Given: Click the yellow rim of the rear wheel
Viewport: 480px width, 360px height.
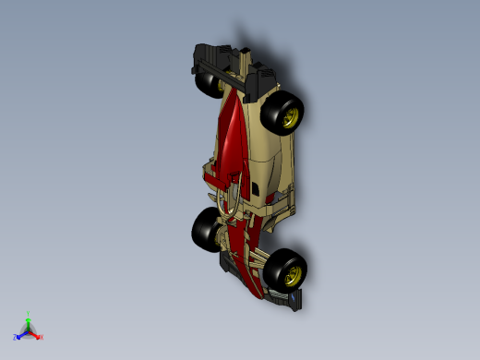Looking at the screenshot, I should click(291, 116).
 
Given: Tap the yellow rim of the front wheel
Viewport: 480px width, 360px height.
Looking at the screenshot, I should click(294, 272).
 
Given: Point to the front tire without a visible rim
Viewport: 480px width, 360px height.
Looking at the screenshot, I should click(205, 228).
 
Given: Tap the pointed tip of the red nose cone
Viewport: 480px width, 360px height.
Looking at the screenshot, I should click(258, 295).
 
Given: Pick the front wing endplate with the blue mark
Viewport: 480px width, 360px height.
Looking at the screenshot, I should click(294, 300).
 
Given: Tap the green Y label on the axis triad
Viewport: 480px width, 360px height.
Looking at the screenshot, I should click(29, 314).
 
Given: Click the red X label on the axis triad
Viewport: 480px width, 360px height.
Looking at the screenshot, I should click(41, 337).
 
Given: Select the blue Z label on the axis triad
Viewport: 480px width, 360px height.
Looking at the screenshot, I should click(15, 337).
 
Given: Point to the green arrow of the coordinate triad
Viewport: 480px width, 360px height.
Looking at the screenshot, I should click(29, 322).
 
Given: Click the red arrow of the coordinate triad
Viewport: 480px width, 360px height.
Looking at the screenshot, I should click(35, 334).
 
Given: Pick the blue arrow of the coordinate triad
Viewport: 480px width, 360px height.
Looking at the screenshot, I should click(21, 334).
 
